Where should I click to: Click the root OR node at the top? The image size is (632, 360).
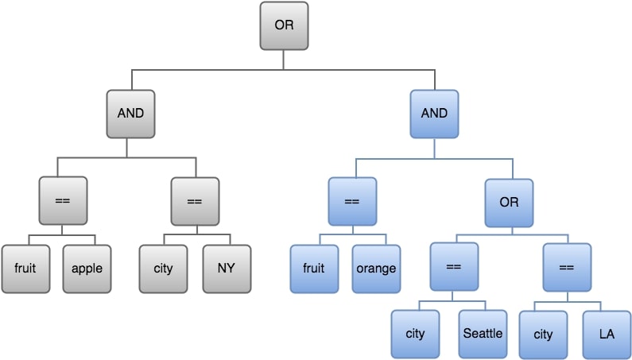tap(284, 25)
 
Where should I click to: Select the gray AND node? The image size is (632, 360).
tap(130, 113)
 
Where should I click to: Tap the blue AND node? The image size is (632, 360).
tap(434, 113)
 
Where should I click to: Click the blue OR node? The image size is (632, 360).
tap(509, 202)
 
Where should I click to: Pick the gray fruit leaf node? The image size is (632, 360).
tap(25, 268)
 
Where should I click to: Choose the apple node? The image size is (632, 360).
tap(87, 268)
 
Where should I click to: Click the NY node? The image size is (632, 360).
tap(226, 268)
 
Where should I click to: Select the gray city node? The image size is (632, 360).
tap(163, 268)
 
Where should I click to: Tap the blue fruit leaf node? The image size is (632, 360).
tap(314, 268)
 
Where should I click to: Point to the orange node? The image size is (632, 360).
tap(376, 268)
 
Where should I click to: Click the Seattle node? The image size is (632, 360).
tap(483, 334)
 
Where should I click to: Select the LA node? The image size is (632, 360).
tap(607, 334)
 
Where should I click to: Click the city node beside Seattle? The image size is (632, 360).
tap(415, 334)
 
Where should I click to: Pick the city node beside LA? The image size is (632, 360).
tap(543, 334)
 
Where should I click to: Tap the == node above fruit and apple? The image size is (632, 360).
tap(62, 201)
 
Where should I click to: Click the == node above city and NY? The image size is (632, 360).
tap(194, 201)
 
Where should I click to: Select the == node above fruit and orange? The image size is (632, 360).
tap(352, 201)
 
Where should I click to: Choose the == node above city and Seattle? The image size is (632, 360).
tap(454, 267)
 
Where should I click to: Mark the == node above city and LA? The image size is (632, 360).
tap(566, 267)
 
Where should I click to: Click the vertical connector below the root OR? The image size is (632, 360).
tap(284, 60)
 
